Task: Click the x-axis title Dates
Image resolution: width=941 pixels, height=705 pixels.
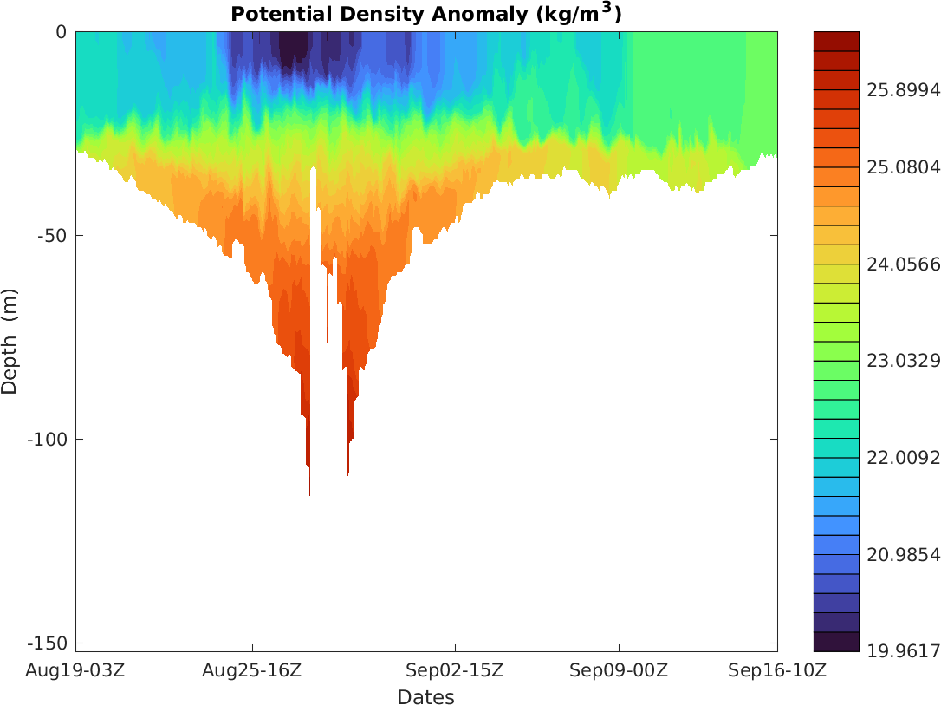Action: (x=425, y=696)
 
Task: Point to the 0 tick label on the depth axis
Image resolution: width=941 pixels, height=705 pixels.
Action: (x=61, y=32)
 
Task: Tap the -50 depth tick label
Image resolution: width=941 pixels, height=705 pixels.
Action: (x=52, y=235)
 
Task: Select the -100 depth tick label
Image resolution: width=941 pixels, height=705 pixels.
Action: (x=48, y=439)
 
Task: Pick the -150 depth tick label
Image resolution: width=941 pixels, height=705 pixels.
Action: (x=48, y=643)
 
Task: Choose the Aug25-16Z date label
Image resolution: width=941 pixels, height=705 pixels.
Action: (x=252, y=670)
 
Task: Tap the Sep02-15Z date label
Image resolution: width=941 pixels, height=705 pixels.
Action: (x=455, y=670)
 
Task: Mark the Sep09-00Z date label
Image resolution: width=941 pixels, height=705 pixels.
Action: (x=619, y=670)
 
